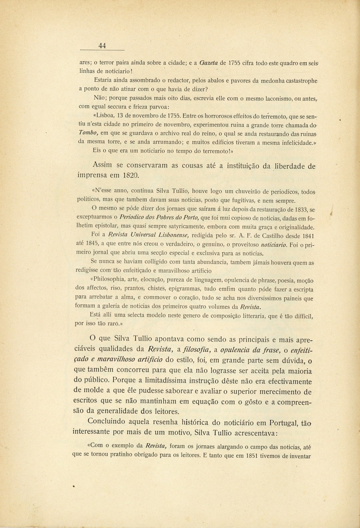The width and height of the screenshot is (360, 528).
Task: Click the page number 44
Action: pos(102,46)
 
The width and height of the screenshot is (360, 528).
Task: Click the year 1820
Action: pos(131,175)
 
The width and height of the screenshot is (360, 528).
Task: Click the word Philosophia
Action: pos(111,280)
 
